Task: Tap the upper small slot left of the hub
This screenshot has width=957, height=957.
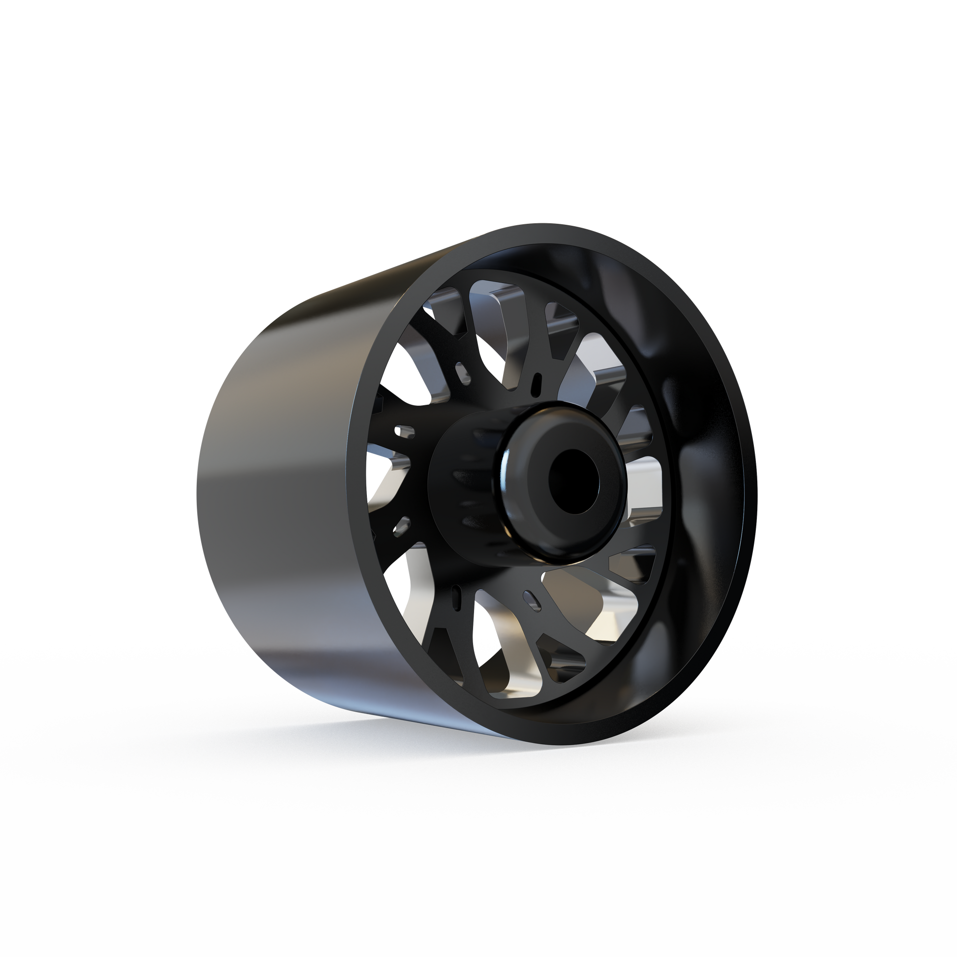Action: [x=404, y=431]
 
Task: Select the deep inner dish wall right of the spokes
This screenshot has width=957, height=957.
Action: [x=703, y=446]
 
